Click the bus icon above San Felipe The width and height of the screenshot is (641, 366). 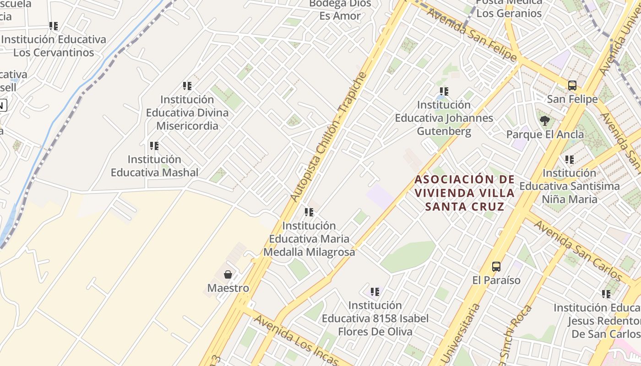point(572,85)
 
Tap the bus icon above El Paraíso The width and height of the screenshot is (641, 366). point(496,266)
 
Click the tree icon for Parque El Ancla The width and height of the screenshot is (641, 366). point(545,121)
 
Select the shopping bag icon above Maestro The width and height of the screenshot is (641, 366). point(228,274)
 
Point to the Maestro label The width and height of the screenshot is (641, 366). point(228,288)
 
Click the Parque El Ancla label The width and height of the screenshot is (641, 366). point(545,135)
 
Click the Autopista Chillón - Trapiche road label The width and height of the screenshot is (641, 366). point(329,136)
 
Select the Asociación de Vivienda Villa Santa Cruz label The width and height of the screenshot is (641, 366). point(465,193)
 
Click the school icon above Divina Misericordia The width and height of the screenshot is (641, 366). point(187,86)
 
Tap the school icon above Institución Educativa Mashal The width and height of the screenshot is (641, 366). point(154,146)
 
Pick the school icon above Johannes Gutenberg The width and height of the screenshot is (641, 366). point(444,91)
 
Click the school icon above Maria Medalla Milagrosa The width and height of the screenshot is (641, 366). point(309,212)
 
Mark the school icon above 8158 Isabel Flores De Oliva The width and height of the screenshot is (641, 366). point(375,291)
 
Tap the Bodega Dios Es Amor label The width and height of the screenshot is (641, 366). point(340,9)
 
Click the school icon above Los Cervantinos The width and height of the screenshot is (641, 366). point(54,26)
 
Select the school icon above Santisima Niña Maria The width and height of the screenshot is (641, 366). point(569,160)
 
